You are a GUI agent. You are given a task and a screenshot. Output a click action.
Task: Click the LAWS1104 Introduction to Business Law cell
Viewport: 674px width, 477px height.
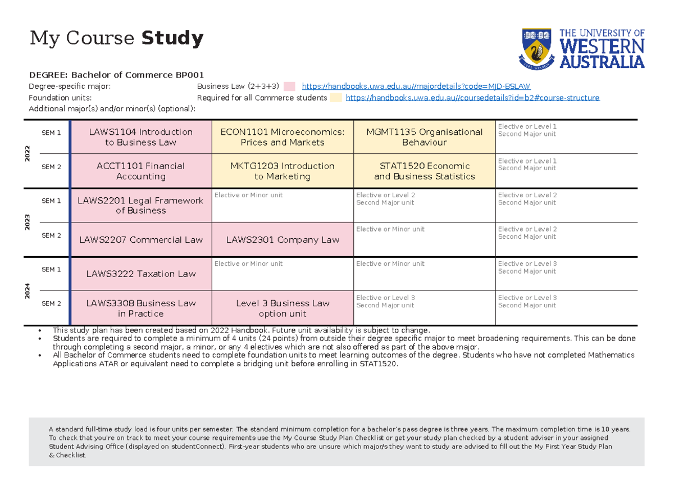pos(141,137)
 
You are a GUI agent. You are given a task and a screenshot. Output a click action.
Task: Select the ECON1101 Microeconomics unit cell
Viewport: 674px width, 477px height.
pos(283,137)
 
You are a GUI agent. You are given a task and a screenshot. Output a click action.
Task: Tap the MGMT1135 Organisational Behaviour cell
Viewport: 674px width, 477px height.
pos(424,137)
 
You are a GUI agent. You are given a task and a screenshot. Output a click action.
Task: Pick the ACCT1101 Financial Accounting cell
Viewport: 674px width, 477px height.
pos(141,171)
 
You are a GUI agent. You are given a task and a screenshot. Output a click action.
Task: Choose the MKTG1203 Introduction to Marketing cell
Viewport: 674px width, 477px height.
pos(283,171)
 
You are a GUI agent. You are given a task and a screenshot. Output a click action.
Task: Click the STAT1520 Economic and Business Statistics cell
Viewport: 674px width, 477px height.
pos(424,171)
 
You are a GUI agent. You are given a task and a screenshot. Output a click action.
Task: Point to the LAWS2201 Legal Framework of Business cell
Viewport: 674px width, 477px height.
pos(141,206)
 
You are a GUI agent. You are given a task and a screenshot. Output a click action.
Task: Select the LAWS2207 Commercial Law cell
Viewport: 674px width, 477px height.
pos(141,240)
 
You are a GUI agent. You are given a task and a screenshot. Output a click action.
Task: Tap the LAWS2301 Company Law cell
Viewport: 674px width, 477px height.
pos(283,240)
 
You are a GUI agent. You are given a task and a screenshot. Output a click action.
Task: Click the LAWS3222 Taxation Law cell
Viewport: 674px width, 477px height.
pos(141,274)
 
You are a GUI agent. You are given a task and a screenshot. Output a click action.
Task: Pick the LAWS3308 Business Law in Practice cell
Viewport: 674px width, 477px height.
pos(141,308)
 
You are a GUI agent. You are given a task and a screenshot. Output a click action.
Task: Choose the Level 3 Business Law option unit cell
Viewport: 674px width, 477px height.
pos(283,308)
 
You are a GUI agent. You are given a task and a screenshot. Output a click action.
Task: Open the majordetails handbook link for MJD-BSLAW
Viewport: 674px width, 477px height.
pos(416,87)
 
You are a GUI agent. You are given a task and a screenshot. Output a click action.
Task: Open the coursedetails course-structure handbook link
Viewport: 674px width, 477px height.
pos(472,98)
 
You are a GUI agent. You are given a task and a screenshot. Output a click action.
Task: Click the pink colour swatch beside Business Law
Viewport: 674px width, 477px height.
pos(289,87)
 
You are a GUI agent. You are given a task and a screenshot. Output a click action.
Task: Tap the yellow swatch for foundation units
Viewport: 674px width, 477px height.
pos(336,98)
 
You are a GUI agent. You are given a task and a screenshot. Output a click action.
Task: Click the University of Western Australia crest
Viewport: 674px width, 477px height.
pos(537,49)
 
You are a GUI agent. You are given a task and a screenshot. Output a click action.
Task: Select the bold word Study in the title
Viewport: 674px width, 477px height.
pos(172,39)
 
